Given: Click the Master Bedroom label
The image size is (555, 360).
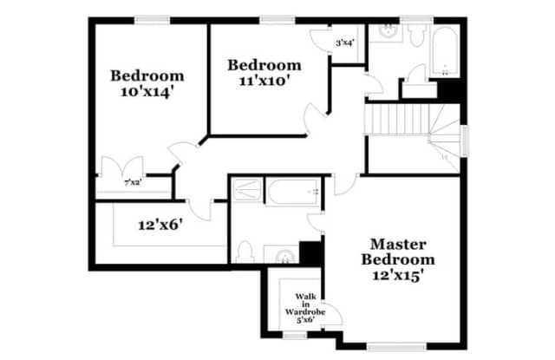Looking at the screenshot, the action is [x=398, y=252].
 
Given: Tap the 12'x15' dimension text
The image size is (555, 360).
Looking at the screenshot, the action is [x=398, y=275].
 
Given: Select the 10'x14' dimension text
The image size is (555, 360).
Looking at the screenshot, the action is [x=147, y=92].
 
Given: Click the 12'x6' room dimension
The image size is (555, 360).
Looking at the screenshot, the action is [x=160, y=225].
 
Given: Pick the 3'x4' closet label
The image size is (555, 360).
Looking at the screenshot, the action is [x=345, y=43].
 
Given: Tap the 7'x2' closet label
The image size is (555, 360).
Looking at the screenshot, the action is [x=133, y=183].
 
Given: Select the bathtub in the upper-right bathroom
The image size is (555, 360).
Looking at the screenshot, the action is [x=445, y=52].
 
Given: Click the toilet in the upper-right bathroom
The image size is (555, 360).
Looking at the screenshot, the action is [x=416, y=35].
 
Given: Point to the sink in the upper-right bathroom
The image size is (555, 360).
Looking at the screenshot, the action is [x=387, y=31].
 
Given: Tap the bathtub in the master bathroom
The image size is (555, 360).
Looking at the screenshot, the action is [x=293, y=192].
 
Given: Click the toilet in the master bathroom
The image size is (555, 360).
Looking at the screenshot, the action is [x=244, y=252].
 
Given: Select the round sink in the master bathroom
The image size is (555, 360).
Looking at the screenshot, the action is [x=284, y=256].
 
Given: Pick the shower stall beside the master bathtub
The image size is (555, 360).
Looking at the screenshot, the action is [x=247, y=190].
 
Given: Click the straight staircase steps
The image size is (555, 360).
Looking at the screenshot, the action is [x=397, y=119].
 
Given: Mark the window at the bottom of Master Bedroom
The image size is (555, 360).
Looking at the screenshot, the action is [x=396, y=346].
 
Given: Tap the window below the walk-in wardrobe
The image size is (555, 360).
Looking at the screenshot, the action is [x=295, y=335].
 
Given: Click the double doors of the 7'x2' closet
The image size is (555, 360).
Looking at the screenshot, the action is [x=122, y=167].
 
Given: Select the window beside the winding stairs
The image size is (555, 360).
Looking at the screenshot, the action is [x=466, y=141].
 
